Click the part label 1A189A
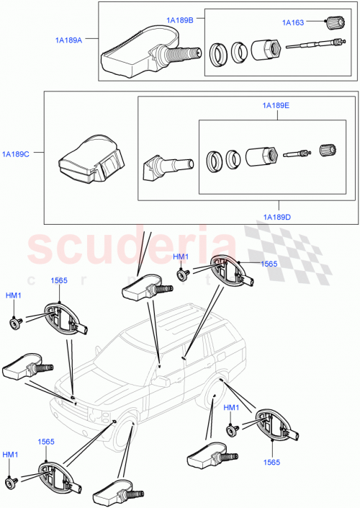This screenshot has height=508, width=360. point(69,41)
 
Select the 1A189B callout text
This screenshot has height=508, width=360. point(179,21)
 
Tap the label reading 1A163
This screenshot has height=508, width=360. point(292,23)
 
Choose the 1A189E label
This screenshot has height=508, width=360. point(275,106)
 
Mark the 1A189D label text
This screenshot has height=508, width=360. point(277,217)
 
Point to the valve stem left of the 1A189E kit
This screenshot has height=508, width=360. point(165,166)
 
